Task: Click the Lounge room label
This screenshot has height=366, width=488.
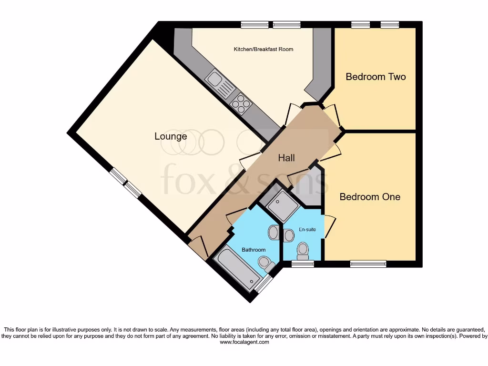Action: coord(171,136)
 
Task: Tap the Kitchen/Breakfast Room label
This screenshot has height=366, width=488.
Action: coord(263,49)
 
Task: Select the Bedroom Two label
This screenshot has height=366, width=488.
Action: coord(376,76)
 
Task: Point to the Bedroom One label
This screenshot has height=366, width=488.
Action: coord(369,196)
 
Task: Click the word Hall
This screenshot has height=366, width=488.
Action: coord(286,158)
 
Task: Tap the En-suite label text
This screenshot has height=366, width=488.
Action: coord(307,229)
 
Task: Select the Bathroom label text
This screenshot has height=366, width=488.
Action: coord(254,249)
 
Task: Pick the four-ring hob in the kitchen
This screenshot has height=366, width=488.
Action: coord(240,103)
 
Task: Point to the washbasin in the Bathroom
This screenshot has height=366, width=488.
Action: coord(274,233)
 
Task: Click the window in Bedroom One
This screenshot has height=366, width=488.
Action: coord(368,263)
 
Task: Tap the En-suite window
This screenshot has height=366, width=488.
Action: coord(302,263)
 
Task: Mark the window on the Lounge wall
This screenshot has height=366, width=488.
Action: coord(125,183)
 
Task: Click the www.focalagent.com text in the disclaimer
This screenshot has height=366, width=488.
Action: coord(244,342)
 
